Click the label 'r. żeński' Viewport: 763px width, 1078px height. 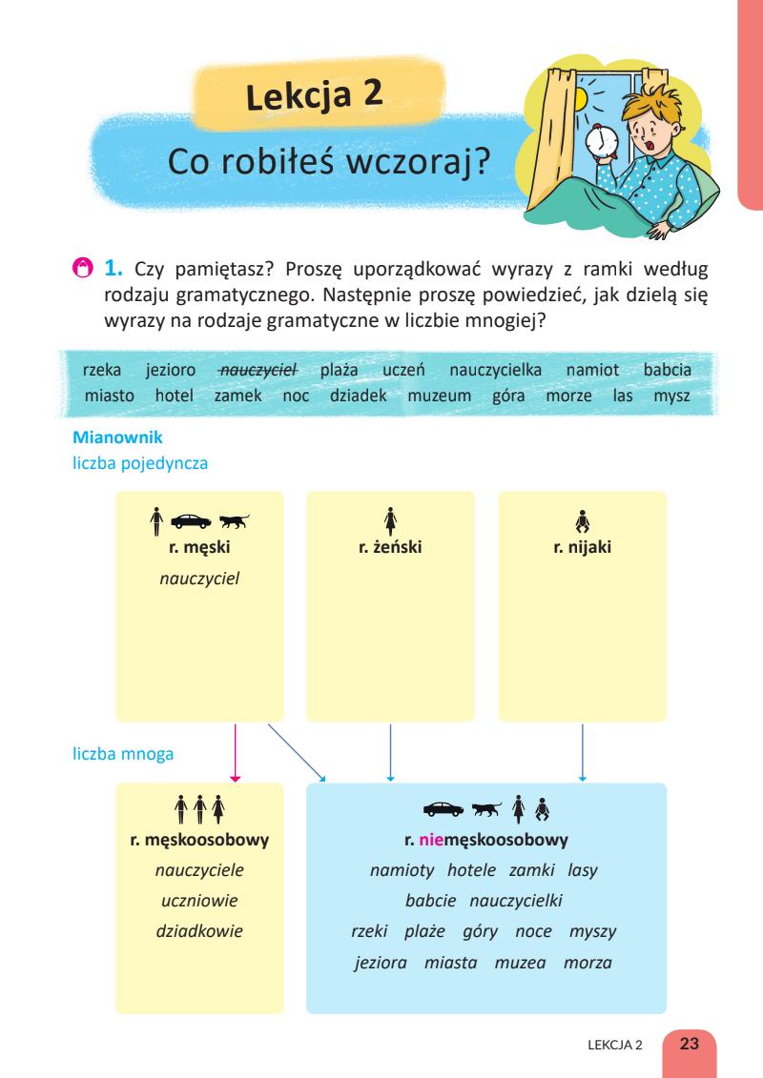[390, 547]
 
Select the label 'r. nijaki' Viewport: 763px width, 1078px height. [582, 547]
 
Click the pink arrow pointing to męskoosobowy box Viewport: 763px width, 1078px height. [236, 753]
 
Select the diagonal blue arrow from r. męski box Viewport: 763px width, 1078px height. [296, 752]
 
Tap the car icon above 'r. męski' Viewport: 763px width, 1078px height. [193, 521]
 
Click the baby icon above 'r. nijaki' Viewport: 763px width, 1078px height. [582, 521]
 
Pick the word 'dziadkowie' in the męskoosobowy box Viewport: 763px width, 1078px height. [199, 928]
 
